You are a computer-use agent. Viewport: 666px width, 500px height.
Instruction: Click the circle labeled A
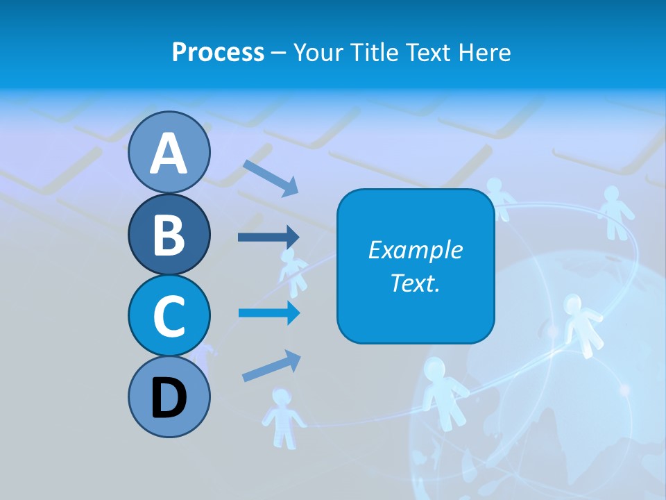(169, 152)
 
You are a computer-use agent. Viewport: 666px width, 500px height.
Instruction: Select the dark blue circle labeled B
(169, 234)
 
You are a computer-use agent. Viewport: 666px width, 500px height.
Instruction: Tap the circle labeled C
(169, 315)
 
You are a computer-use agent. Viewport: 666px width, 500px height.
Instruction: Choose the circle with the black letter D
(169, 397)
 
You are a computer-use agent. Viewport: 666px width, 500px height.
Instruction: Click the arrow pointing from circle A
(271, 177)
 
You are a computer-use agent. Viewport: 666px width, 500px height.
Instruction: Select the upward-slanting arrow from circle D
(271, 366)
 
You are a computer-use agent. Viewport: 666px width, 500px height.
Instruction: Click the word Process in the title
(218, 52)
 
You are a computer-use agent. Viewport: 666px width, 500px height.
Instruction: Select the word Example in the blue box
(415, 250)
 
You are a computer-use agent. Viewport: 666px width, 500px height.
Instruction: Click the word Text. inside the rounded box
(415, 283)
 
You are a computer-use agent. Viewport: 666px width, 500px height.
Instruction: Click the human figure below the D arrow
(282, 417)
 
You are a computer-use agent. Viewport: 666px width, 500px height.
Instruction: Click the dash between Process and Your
(278, 53)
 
